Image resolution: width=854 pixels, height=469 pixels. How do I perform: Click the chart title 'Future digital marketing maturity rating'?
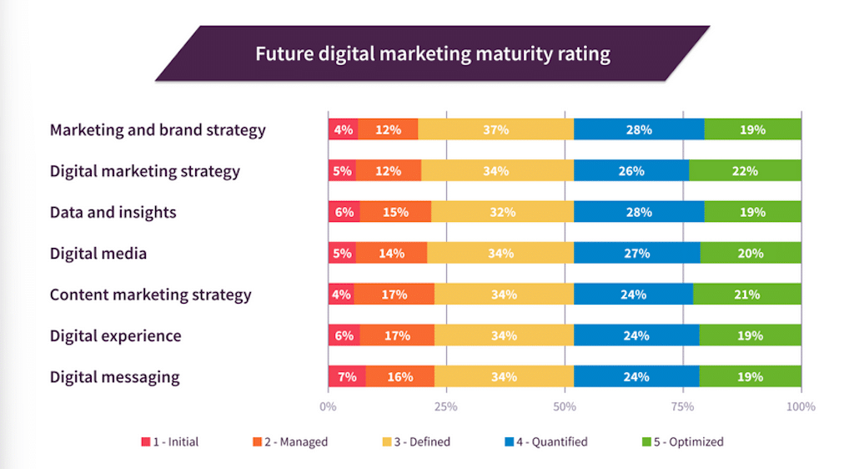[432, 55]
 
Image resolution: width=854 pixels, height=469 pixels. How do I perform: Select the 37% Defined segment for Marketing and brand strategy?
[495, 129]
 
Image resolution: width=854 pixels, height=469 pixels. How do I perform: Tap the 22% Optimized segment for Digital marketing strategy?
[745, 171]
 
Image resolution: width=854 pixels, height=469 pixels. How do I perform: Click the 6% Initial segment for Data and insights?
[344, 212]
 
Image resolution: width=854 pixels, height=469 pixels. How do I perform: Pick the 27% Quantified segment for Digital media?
[636, 253]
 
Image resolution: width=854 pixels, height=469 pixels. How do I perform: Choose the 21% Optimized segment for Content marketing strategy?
[746, 295]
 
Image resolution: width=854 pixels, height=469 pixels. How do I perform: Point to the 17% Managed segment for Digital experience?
[397, 335]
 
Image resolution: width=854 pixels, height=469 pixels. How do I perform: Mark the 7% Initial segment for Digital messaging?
[347, 376]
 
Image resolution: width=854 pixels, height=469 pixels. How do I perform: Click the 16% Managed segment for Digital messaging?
[399, 376]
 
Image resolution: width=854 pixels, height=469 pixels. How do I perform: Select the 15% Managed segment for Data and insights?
[395, 212]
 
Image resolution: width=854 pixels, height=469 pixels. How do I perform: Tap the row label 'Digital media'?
[98, 253]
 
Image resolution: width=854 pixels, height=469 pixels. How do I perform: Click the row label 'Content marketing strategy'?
[150, 295]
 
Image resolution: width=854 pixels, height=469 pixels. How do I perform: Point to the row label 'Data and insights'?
[113, 212]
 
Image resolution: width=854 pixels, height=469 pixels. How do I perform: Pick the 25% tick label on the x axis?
[446, 407]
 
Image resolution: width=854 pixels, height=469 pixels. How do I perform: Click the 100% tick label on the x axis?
[801, 407]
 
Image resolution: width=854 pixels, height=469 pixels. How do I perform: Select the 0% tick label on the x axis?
[328, 407]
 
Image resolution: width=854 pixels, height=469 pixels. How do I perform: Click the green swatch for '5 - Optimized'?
[647, 442]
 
